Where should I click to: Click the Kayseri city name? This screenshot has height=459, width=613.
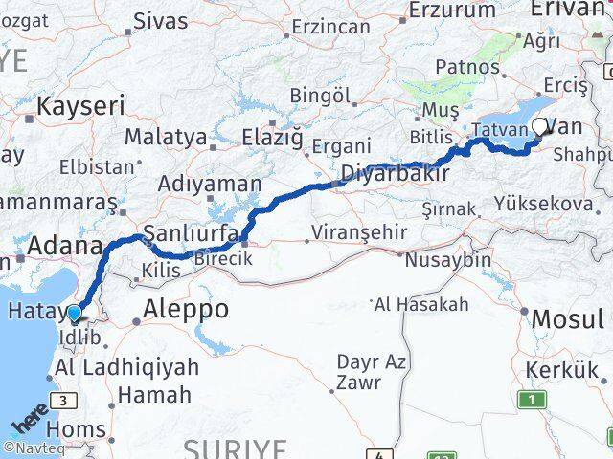coord(80,105)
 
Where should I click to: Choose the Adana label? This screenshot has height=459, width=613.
coord(65,247)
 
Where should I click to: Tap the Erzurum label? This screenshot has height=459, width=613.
coord(450,10)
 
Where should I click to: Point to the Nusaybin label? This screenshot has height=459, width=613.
coord(449,259)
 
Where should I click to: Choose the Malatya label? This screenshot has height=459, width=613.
coord(165,137)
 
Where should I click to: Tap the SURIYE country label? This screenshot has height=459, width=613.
coord(235,448)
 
